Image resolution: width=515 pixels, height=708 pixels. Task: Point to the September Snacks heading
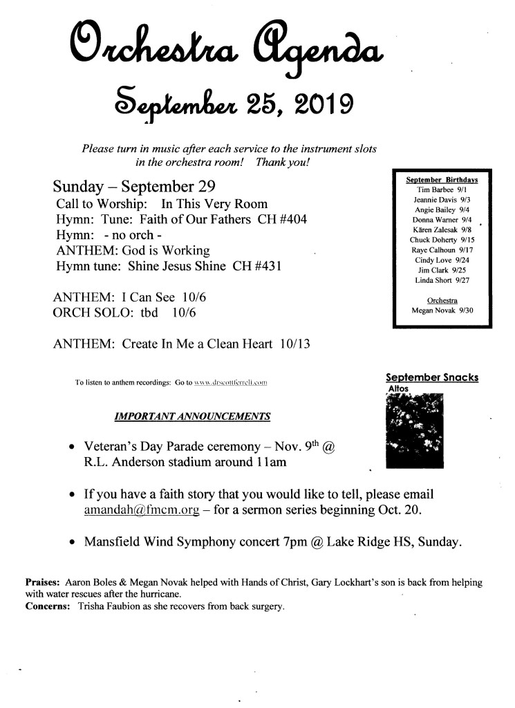pos(432,378)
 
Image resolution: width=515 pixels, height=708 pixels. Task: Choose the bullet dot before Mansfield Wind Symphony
pos(73,543)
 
